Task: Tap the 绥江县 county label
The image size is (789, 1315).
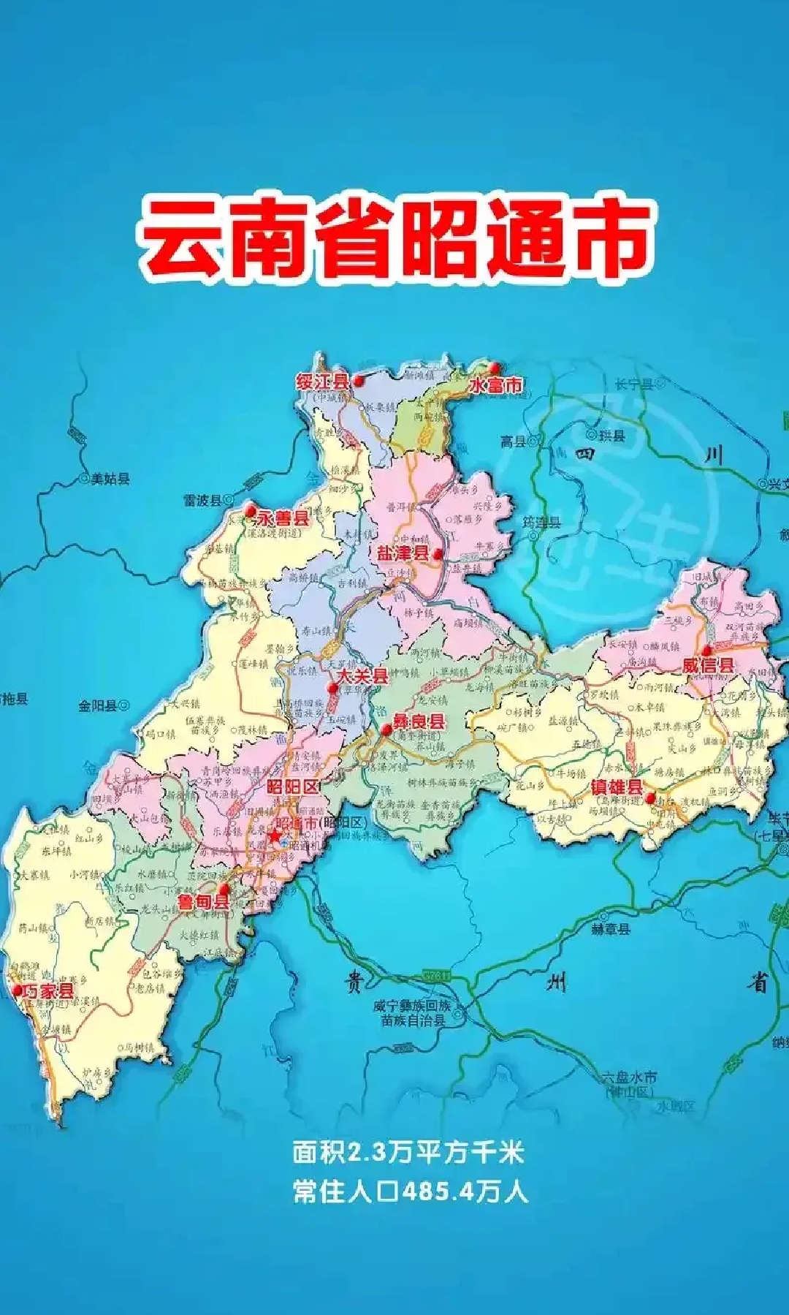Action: pos(322,382)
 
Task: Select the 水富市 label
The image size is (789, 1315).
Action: pos(496,384)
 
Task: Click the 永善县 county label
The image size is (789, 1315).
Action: pos(283,518)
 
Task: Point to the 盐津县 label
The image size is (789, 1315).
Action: pos(403,553)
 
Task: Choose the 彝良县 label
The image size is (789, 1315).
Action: pos(419,721)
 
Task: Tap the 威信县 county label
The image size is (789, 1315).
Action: pos(708,665)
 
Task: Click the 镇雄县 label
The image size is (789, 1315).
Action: pos(617,787)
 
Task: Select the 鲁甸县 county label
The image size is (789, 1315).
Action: pos(204,901)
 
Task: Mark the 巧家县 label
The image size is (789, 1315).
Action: pos(48,991)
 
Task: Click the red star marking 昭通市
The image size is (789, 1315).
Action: pos(273,835)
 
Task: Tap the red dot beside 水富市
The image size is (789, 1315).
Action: pos(495,367)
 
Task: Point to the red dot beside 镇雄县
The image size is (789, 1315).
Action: pos(649,797)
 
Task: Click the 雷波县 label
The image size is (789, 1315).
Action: pos(202,501)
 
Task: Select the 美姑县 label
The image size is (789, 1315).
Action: pos(110,480)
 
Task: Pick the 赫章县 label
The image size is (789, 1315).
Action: pos(611,930)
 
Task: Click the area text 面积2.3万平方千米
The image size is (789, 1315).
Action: pos(408,1153)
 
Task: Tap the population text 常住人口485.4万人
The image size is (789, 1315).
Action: pos(410,1192)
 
